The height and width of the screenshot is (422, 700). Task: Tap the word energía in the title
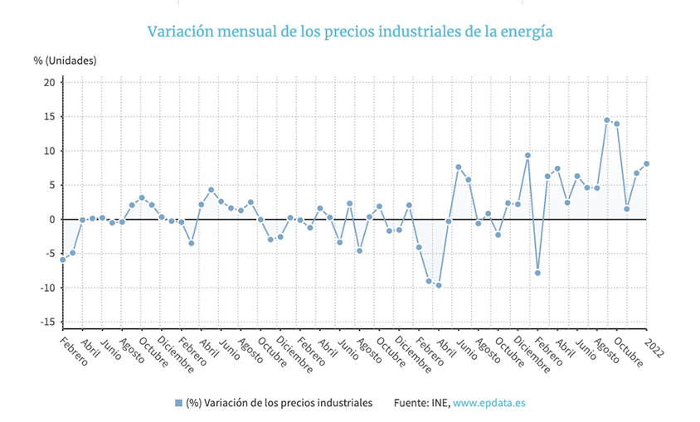click(524, 32)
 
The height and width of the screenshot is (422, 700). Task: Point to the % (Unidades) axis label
click(66, 61)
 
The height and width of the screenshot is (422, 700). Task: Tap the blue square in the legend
click(178, 403)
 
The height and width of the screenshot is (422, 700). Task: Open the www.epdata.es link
click(489, 403)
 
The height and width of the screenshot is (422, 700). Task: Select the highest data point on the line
click(607, 120)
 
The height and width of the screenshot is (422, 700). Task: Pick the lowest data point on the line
click(438, 285)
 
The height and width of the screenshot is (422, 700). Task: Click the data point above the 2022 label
click(647, 163)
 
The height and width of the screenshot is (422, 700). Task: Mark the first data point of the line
click(62, 260)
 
